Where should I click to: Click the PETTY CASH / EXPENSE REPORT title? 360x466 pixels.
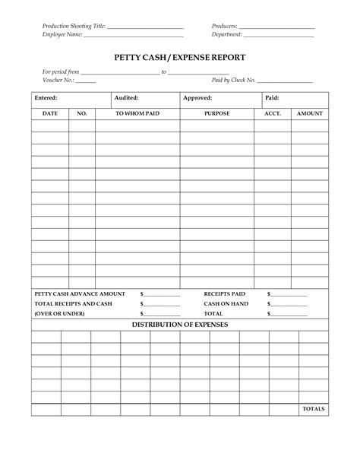(x=180, y=57)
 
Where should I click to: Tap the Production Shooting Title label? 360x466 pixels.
(x=73, y=27)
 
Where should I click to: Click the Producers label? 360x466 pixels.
(x=226, y=27)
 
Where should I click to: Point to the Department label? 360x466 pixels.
(x=227, y=35)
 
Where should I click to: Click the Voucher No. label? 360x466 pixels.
(x=57, y=80)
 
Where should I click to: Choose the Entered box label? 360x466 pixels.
(x=46, y=98)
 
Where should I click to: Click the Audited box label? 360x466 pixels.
(x=126, y=98)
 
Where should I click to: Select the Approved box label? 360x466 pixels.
(x=197, y=98)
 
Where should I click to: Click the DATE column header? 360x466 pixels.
(x=50, y=113)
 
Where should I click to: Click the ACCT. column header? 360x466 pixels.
(x=272, y=113)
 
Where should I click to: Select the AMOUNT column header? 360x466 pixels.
(x=310, y=113)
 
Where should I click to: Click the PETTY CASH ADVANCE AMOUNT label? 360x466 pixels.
(x=80, y=293)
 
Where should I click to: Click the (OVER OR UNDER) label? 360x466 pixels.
(x=60, y=313)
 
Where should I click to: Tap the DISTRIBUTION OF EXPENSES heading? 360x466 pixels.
(x=180, y=324)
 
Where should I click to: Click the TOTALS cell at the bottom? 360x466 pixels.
(x=313, y=409)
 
